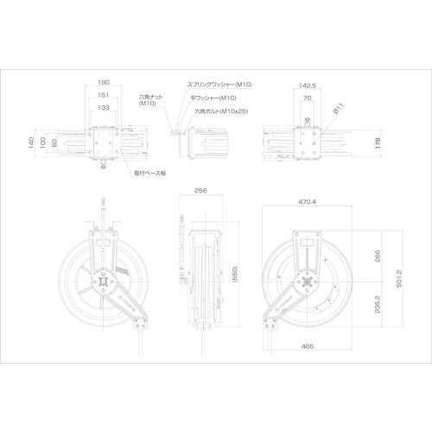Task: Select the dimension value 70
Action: tap(308, 98)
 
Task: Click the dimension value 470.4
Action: tap(308, 201)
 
